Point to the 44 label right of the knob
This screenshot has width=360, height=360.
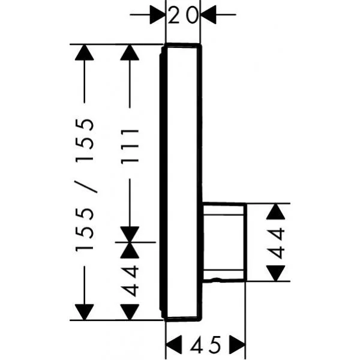tap(277, 242)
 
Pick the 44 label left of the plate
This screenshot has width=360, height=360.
tap(130, 280)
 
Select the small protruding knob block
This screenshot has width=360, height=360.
tap(223, 242)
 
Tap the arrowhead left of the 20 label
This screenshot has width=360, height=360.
tap(157, 15)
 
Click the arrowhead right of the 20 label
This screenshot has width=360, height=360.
tap(209, 15)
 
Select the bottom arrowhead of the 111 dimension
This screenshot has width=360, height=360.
tap(130, 234)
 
